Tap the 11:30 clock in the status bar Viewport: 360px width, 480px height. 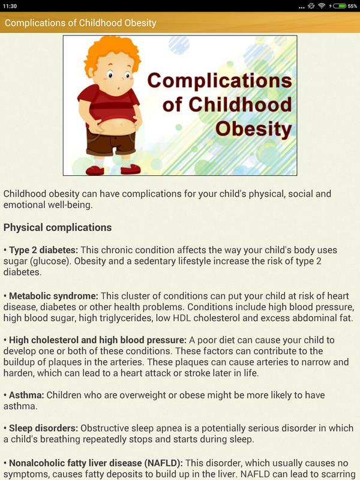pos(10,6)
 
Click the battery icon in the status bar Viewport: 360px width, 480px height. pos(340,6)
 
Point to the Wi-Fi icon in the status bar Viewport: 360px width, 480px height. pos(322,6)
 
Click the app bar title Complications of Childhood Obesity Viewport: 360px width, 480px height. pos(80,23)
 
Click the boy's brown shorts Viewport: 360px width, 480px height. pos(111,141)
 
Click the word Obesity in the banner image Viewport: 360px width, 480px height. pos(253,129)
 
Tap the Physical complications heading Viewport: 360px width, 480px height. pos(58,227)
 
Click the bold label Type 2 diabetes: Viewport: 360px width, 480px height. pos(43,250)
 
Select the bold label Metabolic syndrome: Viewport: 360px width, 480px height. pos(53,296)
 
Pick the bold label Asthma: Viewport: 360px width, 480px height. pos(26,395)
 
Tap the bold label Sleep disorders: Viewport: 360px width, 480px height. pos(43,428)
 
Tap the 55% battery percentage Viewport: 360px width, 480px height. pos(352,6)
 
